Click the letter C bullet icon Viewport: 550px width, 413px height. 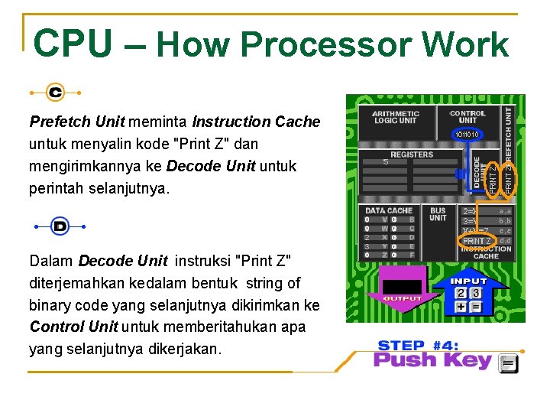click(x=55, y=93)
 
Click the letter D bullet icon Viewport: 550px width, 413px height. click(x=60, y=226)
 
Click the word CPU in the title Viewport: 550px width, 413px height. click(x=73, y=44)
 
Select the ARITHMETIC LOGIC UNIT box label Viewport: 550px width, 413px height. click(x=395, y=118)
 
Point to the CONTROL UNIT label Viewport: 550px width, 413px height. click(x=467, y=117)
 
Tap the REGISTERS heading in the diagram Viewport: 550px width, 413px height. click(x=412, y=154)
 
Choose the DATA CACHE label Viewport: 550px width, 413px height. click(x=388, y=210)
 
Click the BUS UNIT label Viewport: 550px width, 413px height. click(x=438, y=214)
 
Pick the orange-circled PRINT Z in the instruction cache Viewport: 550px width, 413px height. click(x=477, y=241)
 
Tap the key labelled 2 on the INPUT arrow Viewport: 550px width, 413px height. click(x=461, y=293)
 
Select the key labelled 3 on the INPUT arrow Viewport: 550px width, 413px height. click(x=476, y=293)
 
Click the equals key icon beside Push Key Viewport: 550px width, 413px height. click(x=509, y=363)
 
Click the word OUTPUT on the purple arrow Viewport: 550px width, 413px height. click(x=403, y=298)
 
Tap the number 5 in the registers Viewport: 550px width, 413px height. click(x=386, y=162)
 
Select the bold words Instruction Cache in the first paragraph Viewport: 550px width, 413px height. click(x=256, y=122)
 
